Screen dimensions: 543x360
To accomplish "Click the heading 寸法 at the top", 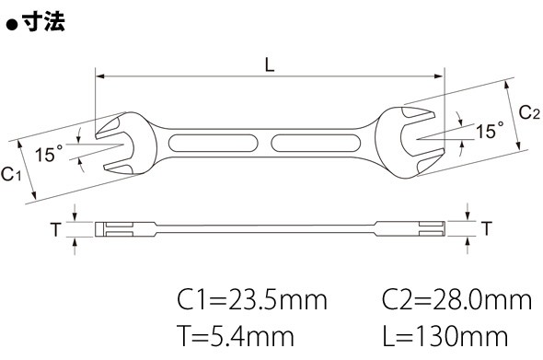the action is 43,22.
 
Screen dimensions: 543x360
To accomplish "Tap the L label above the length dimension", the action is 270,64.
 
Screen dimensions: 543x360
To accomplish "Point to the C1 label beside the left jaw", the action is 11,174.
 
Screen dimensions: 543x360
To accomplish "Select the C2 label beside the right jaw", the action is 529,112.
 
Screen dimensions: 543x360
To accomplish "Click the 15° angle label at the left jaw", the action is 49,154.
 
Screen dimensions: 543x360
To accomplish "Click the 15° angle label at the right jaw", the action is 490,130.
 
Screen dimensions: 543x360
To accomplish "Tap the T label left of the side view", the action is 55,229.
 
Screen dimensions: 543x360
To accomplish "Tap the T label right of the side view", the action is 487,228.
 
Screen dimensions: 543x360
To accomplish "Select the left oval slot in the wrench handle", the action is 213,143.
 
